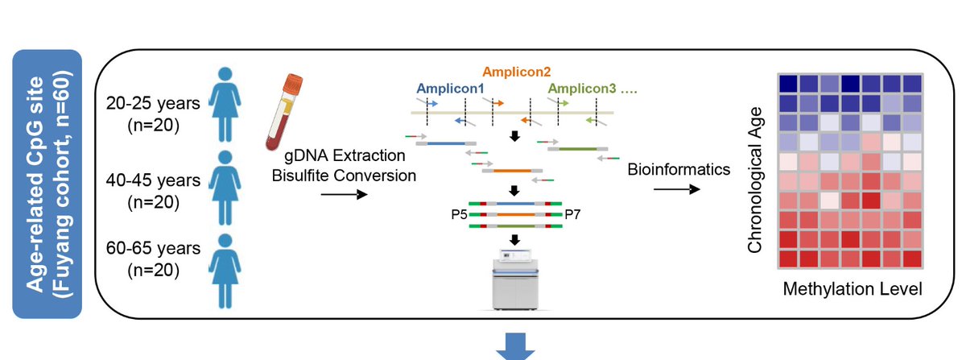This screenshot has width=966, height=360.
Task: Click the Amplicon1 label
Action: pos(450,89)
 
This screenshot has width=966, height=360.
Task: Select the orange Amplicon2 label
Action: pos(517,72)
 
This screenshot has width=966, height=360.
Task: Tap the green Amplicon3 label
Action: pos(582,89)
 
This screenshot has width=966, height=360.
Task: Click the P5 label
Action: pos(460,214)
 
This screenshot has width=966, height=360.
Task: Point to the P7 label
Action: pos(572,214)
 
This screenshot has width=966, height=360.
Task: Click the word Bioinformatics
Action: pos(679,169)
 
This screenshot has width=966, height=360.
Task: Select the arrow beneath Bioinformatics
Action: pos(677,189)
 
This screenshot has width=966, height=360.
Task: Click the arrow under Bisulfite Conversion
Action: pos(345,195)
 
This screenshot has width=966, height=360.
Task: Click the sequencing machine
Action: pos(515,279)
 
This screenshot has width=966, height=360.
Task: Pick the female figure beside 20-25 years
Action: pos(225,105)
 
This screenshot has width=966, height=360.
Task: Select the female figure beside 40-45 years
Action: pos(225,188)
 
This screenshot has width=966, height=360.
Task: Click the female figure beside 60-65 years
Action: pos(225,271)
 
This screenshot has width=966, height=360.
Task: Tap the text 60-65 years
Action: pos(153,248)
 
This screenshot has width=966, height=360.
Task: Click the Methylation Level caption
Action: pos(852,289)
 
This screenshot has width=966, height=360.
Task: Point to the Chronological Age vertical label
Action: pos(755,180)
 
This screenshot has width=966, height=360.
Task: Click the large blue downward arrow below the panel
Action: pos(515,346)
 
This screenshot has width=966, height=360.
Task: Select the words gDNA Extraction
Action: pos(345,155)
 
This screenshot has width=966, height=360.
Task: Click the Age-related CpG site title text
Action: pos(35,184)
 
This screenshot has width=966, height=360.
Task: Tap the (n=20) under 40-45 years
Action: pos(153,202)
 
